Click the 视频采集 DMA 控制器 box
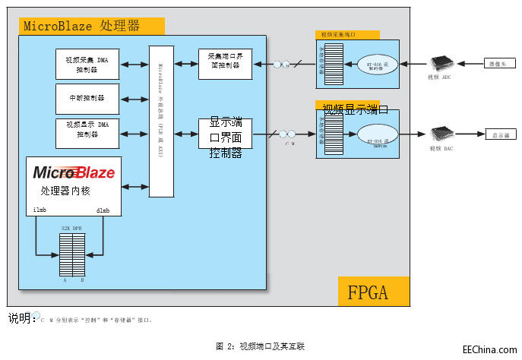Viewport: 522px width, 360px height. (87, 65)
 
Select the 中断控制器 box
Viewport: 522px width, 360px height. (87, 99)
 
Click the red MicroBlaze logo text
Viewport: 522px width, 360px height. (74, 172)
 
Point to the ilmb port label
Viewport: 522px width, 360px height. (40, 210)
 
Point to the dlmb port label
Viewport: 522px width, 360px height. (103, 210)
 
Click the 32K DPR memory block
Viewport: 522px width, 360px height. (72, 254)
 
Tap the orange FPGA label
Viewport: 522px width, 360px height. (373, 292)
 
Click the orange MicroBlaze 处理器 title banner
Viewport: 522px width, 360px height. (91, 26)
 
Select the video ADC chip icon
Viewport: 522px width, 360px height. (441, 64)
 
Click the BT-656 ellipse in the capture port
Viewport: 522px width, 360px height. (378, 63)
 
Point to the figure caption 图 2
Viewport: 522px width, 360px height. (260, 346)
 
